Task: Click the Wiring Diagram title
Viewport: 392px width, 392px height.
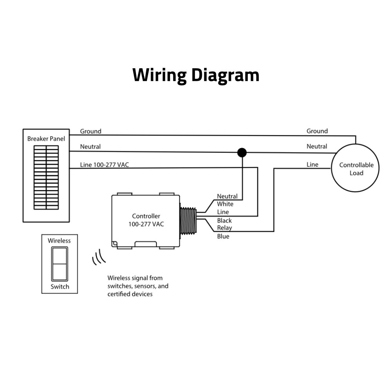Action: [196, 75]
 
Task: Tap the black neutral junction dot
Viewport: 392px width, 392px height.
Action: [242, 152]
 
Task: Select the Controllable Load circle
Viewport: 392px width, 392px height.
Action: [356, 169]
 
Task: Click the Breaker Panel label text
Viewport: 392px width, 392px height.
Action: [46, 139]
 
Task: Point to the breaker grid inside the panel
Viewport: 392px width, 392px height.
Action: [46, 177]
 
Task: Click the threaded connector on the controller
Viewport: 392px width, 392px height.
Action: [188, 221]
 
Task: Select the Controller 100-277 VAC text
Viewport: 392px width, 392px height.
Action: [146, 220]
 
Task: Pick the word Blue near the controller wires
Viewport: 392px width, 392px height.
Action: [223, 236]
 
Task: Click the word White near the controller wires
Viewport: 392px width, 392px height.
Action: [225, 204]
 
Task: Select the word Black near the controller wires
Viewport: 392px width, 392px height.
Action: [224, 220]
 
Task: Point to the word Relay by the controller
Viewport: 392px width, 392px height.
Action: [224, 228]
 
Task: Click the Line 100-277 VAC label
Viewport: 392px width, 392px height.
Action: [104, 165]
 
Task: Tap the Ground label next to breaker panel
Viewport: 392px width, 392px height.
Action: [91, 131]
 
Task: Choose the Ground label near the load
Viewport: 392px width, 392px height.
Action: [317, 131]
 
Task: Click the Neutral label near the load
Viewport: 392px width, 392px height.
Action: [317, 146]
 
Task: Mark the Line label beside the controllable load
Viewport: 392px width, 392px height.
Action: [312, 165]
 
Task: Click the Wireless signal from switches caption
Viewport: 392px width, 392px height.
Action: [138, 286]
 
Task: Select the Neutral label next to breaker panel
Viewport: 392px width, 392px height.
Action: [90, 147]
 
